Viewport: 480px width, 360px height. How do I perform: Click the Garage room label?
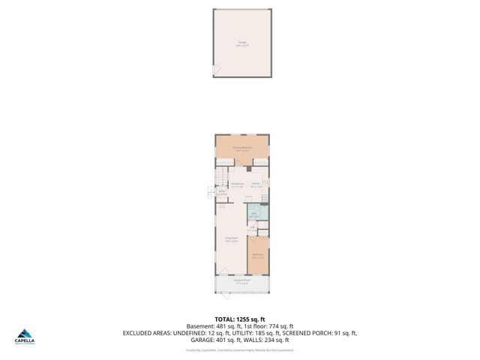point(241,44)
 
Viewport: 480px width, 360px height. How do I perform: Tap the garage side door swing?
point(216,70)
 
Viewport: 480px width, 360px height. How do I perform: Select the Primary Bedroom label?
point(241,148)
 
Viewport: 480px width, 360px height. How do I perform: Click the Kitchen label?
point(256,184)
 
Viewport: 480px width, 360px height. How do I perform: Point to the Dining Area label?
point(237,184)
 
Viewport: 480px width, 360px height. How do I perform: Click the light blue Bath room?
point(253,213)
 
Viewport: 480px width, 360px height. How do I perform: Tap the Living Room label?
point(231,240)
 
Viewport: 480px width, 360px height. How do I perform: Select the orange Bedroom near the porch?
point(258,256)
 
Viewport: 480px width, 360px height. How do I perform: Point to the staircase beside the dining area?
point(220,179)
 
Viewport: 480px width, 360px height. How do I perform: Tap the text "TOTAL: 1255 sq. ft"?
point(240,319)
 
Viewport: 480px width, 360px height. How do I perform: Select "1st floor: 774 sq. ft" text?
point(268,326)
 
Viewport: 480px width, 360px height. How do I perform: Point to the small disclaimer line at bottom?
point(240,349)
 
